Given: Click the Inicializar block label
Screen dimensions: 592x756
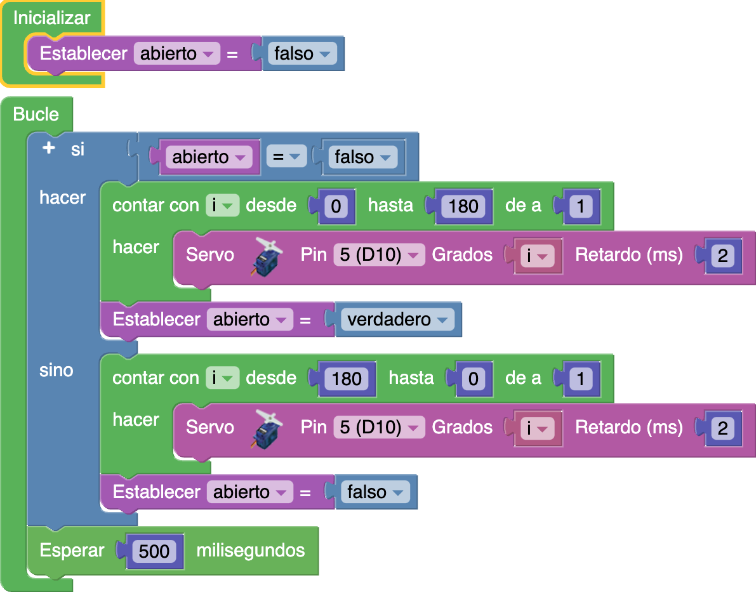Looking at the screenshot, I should pos(51,18).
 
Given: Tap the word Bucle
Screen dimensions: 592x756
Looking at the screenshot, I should pos(36,114).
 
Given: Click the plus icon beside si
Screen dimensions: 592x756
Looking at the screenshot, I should pos(49,148).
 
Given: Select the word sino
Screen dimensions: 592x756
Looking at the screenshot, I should pos(56,370).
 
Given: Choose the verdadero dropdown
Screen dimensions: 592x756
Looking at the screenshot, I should pos(397,319).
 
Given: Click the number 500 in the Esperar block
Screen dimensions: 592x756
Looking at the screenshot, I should pos(155,551).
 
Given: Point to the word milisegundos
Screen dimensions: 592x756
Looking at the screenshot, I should pos(251,550).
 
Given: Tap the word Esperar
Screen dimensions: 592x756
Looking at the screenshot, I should pos(72,550).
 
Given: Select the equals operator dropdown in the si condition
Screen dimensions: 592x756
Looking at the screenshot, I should pos(286,157).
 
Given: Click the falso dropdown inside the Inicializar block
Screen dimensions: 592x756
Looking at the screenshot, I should pos(302,54).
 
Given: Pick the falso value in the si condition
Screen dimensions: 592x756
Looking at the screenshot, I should pos(362,157).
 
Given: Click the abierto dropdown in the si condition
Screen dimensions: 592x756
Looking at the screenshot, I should pos(209,157).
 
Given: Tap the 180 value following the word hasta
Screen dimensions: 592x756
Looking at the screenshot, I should pos(463,206).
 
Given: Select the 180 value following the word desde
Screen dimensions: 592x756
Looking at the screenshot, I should pos(347,379).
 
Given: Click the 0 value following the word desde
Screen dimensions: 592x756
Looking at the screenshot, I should pos(336,206).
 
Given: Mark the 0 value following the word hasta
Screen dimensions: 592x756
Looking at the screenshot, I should pos(473,379).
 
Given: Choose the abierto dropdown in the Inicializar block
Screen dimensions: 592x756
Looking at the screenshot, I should pos(176,54).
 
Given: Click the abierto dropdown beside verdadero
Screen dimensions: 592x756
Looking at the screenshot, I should pos(249,319).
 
